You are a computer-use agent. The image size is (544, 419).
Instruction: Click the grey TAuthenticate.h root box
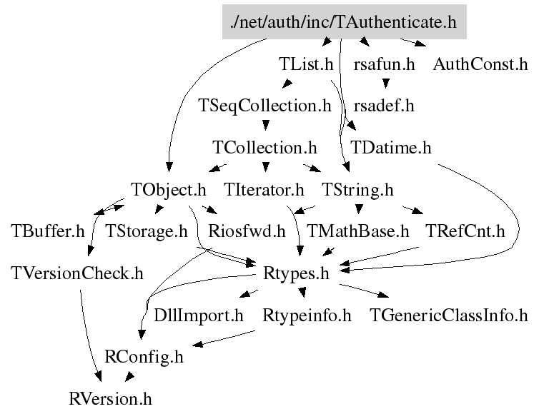[343, 23]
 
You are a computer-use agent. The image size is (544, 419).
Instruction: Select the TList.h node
[306, 65]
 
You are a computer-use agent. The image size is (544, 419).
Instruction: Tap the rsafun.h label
[384, 65]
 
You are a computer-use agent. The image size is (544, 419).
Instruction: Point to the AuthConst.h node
[480, 65]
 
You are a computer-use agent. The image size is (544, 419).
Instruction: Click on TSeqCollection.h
[264, 106]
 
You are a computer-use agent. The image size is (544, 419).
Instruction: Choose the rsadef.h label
[384, 106]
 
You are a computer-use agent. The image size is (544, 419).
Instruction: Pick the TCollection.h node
[264, 148]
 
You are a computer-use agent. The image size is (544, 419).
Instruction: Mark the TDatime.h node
[391, 148]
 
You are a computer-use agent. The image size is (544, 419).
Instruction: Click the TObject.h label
[169, 190]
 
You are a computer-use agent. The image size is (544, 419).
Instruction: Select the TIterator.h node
[264, 190]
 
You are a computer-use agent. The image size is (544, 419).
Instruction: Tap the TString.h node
[357, 190]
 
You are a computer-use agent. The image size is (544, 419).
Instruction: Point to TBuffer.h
[48, 231]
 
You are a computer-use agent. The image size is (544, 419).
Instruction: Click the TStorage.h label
[146, 231]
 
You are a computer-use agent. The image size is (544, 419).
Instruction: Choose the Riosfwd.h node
[247, 231]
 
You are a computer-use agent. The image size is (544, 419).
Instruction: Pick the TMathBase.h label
[357, 231]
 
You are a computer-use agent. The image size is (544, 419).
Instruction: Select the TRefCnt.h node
[465, 231]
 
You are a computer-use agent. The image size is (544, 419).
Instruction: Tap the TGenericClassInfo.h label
[448, 315]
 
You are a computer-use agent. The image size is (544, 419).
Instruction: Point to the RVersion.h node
[110, 398]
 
